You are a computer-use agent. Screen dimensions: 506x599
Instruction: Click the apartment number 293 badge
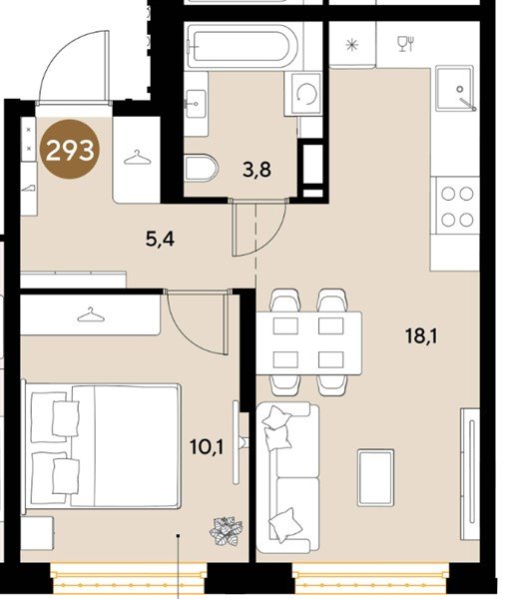click(x=70, y=150)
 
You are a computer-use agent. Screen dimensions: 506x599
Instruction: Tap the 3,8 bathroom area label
click(x=256, y=170)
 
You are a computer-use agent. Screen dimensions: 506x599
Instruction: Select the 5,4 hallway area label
click(x=160, y=240)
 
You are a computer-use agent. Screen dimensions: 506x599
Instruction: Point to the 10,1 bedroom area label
click(x=207, y=446)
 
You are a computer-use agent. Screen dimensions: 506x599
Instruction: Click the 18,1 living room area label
click(x=421, y=336)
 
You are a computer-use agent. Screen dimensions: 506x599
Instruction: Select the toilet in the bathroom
click(x=201, y=168)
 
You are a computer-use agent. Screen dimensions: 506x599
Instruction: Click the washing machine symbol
click(x=306, y=94)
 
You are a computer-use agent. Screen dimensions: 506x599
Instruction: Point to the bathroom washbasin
click(x=196, y=103)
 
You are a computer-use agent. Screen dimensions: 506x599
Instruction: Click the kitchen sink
click(x=455, y=88)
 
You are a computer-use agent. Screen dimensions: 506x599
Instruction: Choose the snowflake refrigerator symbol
click(x=351, y=45)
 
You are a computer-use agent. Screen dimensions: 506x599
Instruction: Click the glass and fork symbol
click(x=405, y=44)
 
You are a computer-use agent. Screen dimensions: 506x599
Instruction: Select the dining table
click(x=308, y=343)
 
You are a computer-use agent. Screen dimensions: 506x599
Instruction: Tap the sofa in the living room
click(x=287, y=477)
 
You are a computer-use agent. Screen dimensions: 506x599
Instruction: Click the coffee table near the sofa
click(x=375, y=477)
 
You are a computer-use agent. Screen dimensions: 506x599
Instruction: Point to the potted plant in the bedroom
click(x=227, y=530)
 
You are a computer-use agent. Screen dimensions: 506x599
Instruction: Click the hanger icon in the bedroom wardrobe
click(x=91, y=314)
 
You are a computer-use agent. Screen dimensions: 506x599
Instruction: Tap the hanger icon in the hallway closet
click(x=137, y=158)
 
